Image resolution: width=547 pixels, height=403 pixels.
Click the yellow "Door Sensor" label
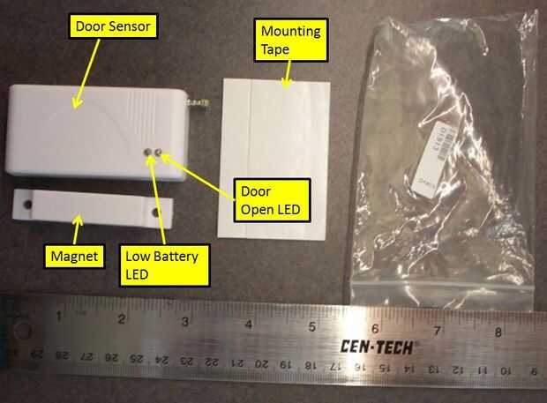[x=116, y=27]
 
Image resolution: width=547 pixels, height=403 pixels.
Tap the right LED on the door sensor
[x=160, y=153]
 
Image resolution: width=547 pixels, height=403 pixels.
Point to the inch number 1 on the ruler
[x=58, y=317]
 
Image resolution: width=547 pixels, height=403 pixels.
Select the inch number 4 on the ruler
[x=250, y=323]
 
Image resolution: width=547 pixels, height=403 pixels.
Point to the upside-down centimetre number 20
[x=261, y=362]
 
